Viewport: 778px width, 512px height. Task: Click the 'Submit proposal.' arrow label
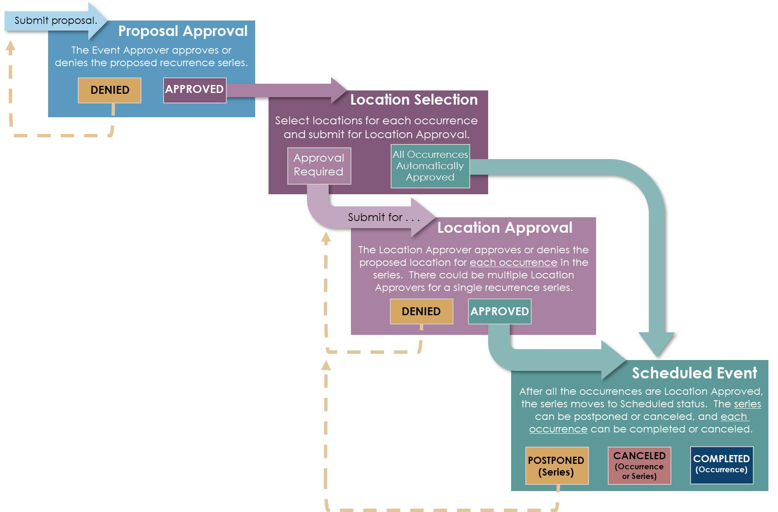[x=55, y=21]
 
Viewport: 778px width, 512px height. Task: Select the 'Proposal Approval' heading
[x=183, y=31]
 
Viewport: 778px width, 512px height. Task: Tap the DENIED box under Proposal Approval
[x=110, y=90]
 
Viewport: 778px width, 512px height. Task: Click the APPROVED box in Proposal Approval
[x=194, y=89]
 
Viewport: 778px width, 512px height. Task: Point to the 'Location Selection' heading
[x=414, y=100]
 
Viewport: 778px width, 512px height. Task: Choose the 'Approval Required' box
[x=319, y=165]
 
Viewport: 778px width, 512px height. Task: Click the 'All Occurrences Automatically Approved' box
[x=430, y=166]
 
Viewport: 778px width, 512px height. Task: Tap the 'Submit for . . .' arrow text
[x=383, y=217]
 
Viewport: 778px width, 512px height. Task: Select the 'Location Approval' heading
[x=504, y=228]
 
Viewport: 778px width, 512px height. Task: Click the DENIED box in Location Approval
[x=421, y=311]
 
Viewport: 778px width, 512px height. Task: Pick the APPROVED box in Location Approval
[x=499, y=311]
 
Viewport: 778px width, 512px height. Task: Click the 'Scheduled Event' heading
[x=694, y=373]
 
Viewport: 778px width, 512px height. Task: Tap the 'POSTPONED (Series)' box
[x=556, y=466]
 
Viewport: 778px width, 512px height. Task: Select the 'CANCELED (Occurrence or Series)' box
[x=639, y=466]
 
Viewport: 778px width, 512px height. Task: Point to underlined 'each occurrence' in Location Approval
[x=513, y=262]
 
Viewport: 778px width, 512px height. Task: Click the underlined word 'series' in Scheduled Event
[x=747, y=404]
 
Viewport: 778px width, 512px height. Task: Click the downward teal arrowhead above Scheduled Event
[x=657, y=343]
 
